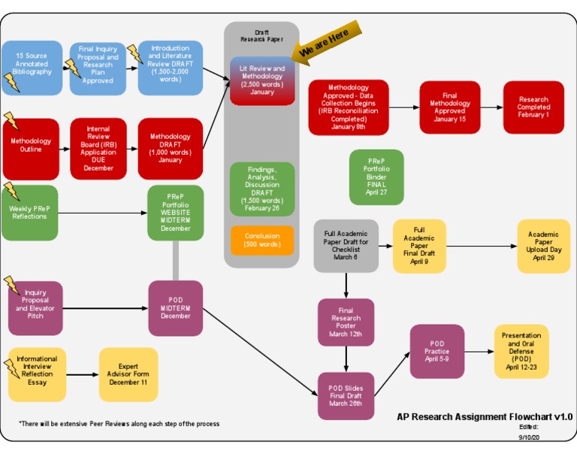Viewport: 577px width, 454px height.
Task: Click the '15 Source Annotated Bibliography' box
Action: coord(32,67)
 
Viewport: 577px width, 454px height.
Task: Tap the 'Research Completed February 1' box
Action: coord(533,107)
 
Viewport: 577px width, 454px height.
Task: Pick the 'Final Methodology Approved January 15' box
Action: coord(449,107)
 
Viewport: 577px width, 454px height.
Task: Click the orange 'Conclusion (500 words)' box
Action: coord(262,240)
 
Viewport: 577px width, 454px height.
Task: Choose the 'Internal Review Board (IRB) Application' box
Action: coord(98,148)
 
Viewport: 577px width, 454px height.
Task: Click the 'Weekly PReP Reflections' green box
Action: coord(29,213)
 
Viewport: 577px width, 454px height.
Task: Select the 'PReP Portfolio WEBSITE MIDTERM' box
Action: coord(175,213)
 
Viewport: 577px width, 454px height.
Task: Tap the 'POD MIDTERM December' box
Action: coord(175,308)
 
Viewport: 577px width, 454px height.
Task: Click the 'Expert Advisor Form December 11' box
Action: coord(128,374)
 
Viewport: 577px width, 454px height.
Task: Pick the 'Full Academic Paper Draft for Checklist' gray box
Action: coord(346,246)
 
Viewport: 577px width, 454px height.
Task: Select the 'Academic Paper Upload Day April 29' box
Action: coord(543,246)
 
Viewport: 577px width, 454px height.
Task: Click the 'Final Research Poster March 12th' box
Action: coord(346,322)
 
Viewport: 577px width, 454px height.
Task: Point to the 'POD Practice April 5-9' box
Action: coord(437,351)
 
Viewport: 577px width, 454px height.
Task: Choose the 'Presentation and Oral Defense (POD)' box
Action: coord(521,351)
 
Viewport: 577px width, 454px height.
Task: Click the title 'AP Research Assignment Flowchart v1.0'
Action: coord(485,416)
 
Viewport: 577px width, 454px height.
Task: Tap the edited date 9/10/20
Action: coord(529,436)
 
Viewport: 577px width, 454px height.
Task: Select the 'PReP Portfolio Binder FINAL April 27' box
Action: coord(376,177)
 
